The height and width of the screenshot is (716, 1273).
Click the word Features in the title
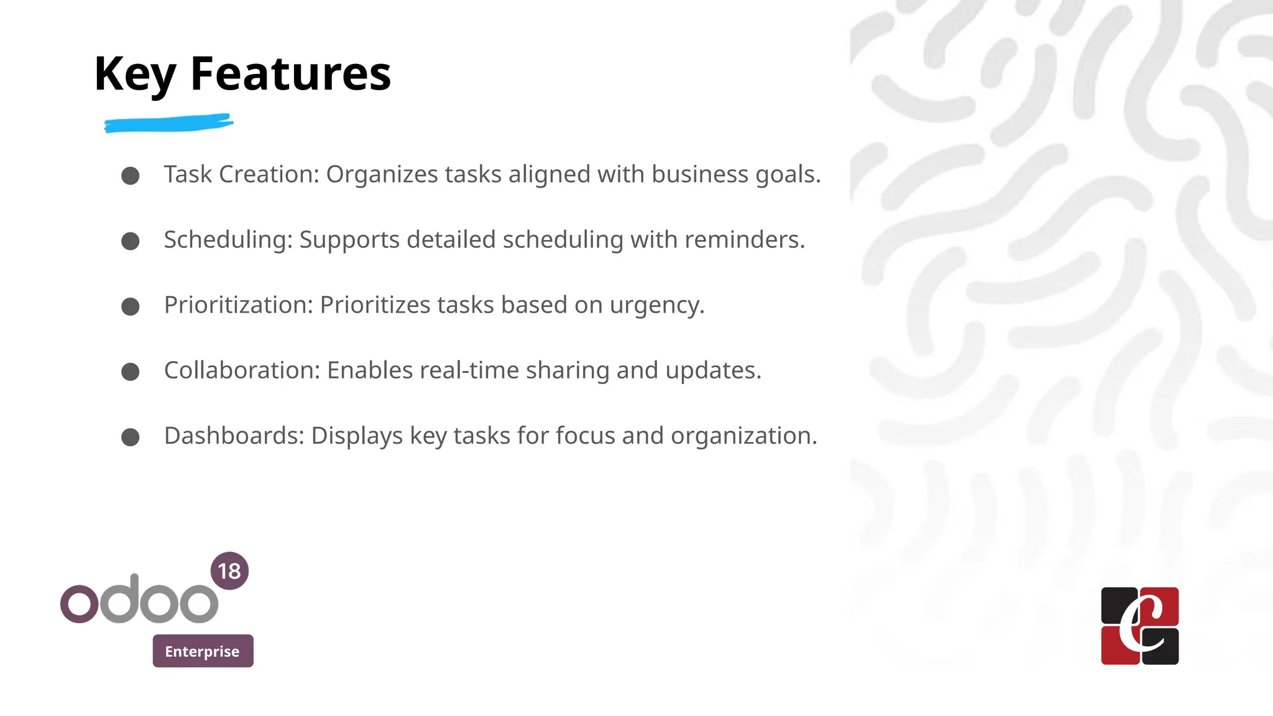[290, 74]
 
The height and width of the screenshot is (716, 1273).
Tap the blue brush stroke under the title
[168, 123]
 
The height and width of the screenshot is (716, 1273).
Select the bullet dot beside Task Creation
[131, 176]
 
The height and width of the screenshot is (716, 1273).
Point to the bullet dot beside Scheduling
[131, 241]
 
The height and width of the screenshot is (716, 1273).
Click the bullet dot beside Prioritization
[131, 306]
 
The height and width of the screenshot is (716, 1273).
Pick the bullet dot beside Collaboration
[131, 372]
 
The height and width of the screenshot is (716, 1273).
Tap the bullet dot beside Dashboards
[131, 437]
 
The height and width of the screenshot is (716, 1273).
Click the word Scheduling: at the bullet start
[228, 240]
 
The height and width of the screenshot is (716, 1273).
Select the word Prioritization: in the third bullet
[239, 305]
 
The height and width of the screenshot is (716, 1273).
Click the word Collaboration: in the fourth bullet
[242, 370]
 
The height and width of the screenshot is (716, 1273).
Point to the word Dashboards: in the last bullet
[234, 436]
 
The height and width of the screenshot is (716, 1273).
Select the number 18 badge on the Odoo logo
[229, 571]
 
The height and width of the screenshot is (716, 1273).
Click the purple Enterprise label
[203, 651]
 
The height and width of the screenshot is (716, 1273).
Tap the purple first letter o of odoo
[80, 603]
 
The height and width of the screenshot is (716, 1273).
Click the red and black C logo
[1139, 625]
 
